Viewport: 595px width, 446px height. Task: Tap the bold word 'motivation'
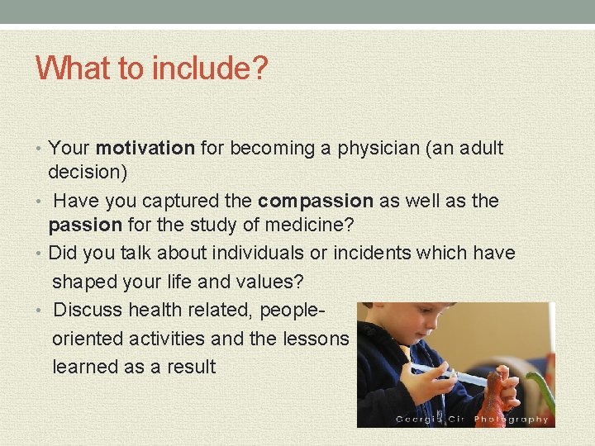pos(145,149)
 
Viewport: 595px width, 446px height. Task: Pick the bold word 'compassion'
pos(316,201)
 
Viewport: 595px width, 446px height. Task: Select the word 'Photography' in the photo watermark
pos(511,420)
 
